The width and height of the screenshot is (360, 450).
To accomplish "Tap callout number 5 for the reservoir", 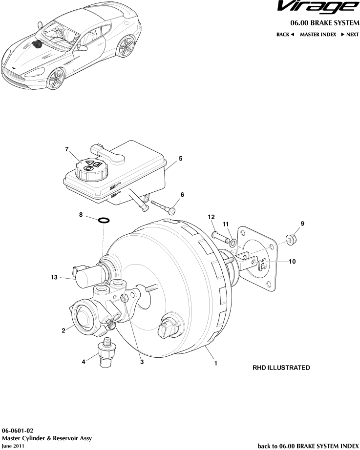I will tap(180, 159).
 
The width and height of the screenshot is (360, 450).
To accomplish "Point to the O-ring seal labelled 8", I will tap(104, 220).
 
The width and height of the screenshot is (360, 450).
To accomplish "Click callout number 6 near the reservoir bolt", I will tap(182, 194).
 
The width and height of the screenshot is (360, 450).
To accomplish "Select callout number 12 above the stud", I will tap(211, 217).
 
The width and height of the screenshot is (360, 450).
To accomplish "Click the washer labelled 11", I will tap(233, 243).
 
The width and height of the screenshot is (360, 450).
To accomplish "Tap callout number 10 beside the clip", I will tap(292, 262).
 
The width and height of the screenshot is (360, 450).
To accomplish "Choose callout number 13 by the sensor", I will tap(54, 277).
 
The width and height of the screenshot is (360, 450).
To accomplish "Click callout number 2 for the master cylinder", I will tap(64, 330).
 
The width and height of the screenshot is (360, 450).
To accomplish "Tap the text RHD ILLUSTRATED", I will tap(280, 368).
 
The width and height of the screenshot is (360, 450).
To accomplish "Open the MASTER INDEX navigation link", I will tap(318, 35).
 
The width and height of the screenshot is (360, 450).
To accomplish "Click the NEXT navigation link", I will tap(349, 35).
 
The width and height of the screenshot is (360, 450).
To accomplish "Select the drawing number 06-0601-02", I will tap(18, 430).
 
